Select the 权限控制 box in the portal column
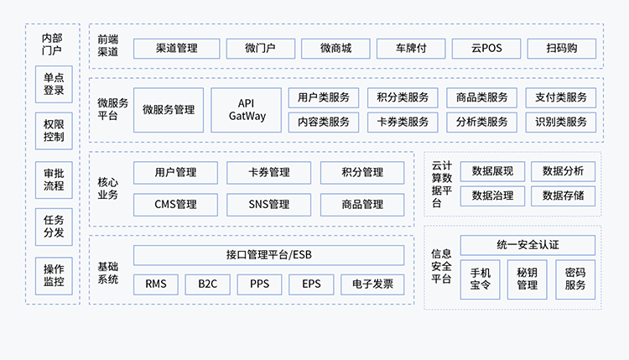(x=54, y=130)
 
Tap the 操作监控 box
(x=54, y=277)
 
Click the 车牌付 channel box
(x=410, y=48)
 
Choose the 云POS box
(x=486, y=48)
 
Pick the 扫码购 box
(x=561, y=48)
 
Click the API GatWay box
(x=247, y=110)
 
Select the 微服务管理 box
(x=168, y=110)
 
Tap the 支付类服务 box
(x=561, y=97)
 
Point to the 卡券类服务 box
(x=403, y=122)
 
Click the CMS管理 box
(x=175, y=204)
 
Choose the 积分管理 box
(x=362, y=173)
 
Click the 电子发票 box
(x=372, y=284)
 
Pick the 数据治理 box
(x=492, y=196)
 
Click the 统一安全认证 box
(x=528, y=245)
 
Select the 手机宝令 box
(x=481, y=279)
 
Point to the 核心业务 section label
(x=107, y=188)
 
